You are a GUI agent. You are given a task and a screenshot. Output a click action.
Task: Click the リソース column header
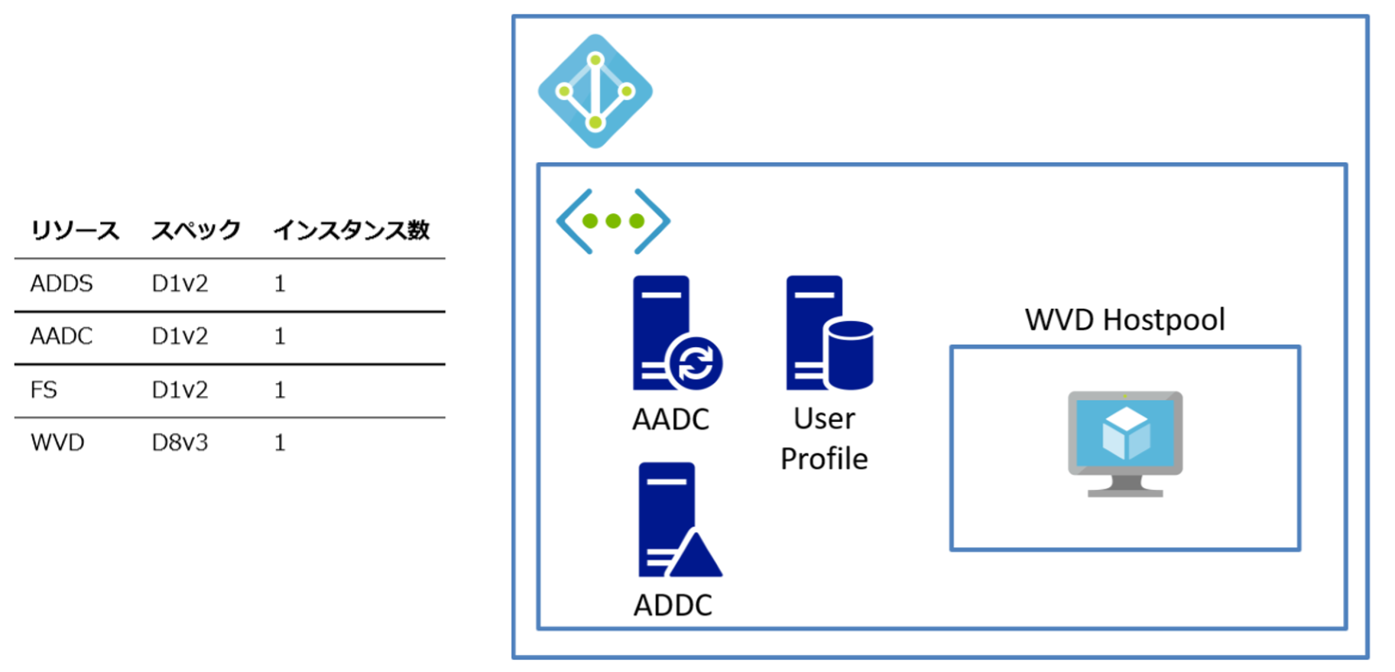[x=75, y=230]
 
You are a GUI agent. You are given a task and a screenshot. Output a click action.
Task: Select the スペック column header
[x=196, y=230]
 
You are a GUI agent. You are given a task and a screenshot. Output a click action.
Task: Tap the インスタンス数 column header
[x=352, y=230]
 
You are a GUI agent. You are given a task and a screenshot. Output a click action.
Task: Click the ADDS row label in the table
[x=61, y=284]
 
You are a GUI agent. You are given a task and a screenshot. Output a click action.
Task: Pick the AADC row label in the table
[x=61, y=336]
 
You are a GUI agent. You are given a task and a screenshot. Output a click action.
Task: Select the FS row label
[x=44, y=390]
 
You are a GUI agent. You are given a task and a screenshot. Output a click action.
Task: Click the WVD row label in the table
[x=57, y=443]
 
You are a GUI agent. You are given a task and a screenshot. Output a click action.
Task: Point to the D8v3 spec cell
[x=180, y=443]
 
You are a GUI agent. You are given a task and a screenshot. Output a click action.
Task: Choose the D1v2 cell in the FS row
[x=180, y=390]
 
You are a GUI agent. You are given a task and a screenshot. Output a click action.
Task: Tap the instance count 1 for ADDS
[x=280, y=284]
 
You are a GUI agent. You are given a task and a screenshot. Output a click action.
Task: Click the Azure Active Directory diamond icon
[x=595, y=91]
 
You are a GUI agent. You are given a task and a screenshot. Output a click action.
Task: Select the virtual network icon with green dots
[x=613, y=221]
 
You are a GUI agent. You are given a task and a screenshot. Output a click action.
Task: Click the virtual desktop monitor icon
[x=1125, y=444]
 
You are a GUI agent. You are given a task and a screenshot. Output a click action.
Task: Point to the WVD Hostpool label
[x=1125, y=320]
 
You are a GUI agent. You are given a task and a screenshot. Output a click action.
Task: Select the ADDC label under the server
[x=673, y=605]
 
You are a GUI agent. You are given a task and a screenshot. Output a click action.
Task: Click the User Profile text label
[x=824, y=439]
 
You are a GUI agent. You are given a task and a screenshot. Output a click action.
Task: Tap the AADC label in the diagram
[x=670, y=419]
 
